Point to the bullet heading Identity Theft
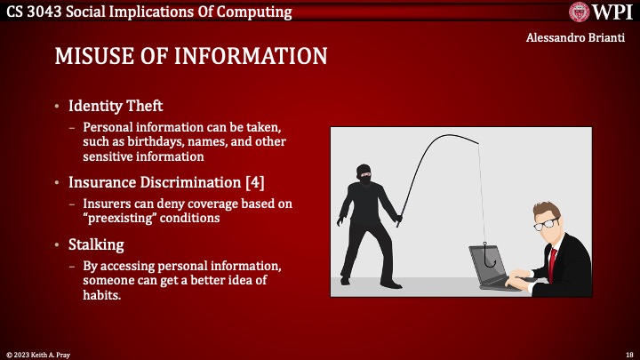click(116, 107)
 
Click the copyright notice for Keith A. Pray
click(40, 353)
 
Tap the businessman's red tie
click(553, 259)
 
